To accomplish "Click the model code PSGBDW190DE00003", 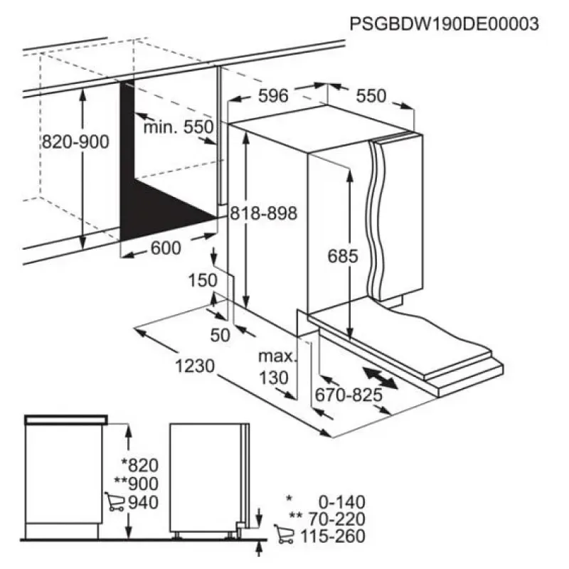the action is point(444,24).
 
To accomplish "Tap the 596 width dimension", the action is point(273,96).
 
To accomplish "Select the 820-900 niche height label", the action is point(75,142).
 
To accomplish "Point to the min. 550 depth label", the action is point(179,127).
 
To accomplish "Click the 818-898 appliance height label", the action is point(264,213).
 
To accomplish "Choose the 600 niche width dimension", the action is point(166,248).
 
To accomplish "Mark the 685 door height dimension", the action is point(343,256).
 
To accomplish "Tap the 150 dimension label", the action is point(203,280).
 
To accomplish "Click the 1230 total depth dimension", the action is point(195,366).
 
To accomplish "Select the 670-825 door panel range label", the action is point(349,395).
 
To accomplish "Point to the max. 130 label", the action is point(277,367).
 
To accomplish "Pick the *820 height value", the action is point(139,466).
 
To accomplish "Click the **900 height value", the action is point(136,484).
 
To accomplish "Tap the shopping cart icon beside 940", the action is point(115,502).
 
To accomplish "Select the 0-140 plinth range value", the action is point(342,502).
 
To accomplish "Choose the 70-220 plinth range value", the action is point(336,519).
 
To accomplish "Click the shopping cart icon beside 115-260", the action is point(284,534).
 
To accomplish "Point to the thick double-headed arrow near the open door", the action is point(380,378).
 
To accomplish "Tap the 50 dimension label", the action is point(220,335).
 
